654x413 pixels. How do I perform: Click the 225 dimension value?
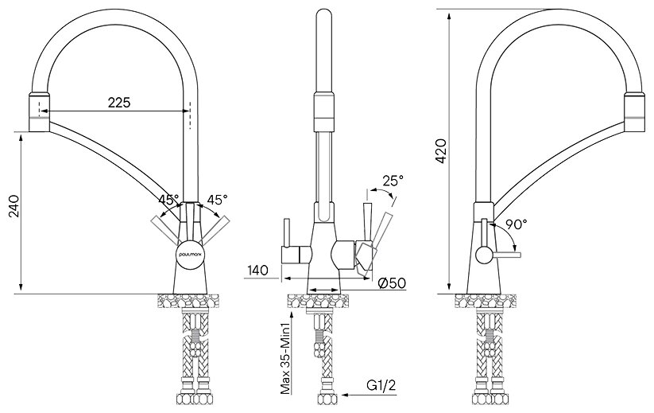119,102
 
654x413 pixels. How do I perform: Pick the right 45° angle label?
217,200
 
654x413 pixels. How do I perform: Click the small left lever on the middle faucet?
286,239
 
